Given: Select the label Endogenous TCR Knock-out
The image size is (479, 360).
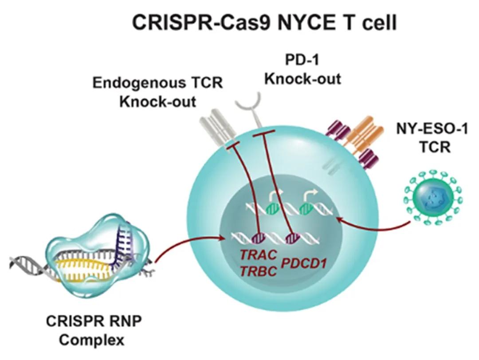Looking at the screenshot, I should click(157, 92).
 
